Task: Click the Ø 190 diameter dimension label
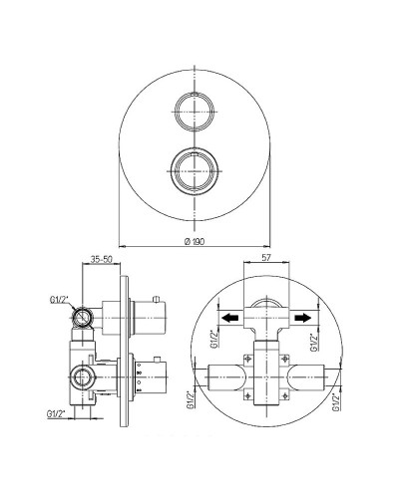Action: (195, 241)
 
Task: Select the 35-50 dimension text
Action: (102, 259)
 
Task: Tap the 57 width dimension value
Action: (266, 258)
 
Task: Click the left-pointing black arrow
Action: (230, 318)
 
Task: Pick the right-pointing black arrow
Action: (302, 318)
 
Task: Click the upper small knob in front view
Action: (195, 111)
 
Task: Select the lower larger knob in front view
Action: (195, 170)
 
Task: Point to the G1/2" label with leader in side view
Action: (59, 300)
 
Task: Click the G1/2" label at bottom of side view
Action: (56, 414)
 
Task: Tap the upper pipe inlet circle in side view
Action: (82, 318)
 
